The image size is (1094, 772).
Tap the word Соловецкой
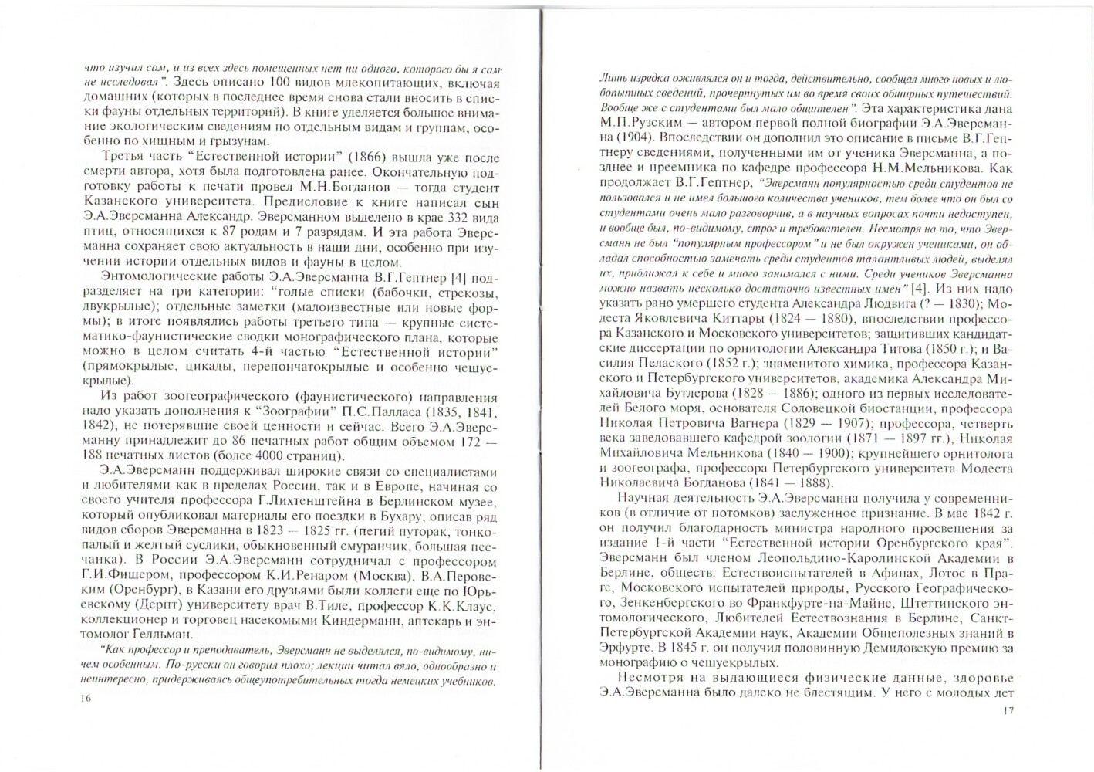tap(822, 408)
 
